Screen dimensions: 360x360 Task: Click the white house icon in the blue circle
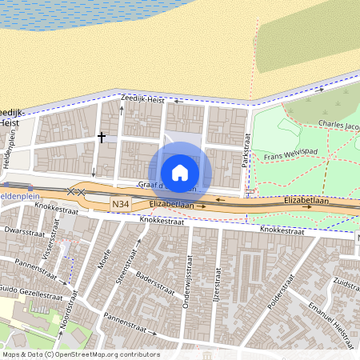coord(180,172)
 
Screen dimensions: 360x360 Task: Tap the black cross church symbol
coord(102,137)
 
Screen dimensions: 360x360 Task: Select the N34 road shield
coord(121,206)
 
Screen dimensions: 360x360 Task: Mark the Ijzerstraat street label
coord(215,279)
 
